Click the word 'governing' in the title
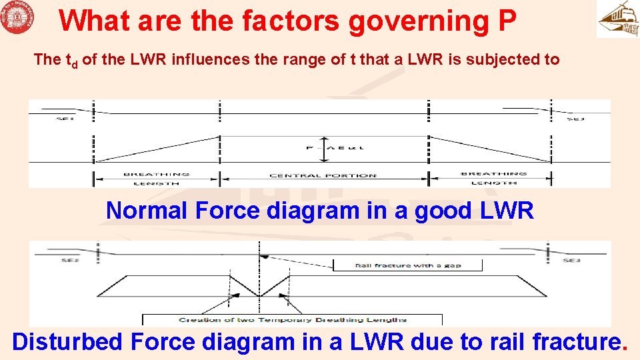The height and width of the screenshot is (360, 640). (419, 21)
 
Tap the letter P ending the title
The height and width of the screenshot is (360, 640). (507, 21)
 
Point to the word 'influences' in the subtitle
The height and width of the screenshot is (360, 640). (204, 59)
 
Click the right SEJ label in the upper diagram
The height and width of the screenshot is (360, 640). (575, 119)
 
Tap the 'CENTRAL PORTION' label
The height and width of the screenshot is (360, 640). (323, 176)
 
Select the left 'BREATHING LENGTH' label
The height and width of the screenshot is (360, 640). (157, 178)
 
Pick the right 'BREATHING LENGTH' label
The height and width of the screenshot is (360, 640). (493, 178)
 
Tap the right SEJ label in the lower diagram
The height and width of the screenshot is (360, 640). (571, 260)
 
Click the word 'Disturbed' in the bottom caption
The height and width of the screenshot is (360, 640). (68, 342)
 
